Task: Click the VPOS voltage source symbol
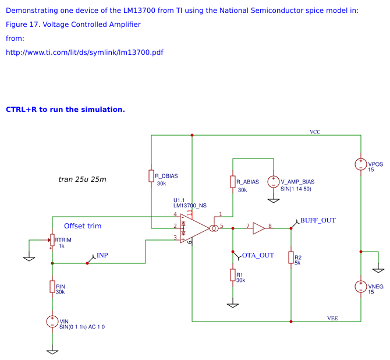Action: point(361,164)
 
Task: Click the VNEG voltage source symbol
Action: point(361,287)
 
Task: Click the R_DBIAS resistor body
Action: point(151,176)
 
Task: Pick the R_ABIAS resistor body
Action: point(233,182)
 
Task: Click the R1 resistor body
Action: point(233,275)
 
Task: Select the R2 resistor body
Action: point(290,257)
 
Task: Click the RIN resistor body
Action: point(52,286)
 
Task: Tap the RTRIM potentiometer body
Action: point(52,240)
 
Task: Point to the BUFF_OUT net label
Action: point(317,220)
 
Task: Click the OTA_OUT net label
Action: point(257,255)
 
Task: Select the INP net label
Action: point(102,255)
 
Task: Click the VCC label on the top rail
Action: point(315,132)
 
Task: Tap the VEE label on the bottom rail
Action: point(332,318)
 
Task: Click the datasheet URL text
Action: point(84,52)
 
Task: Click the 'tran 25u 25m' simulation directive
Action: point(83,179)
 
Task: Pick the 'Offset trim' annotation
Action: point(83,226)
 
